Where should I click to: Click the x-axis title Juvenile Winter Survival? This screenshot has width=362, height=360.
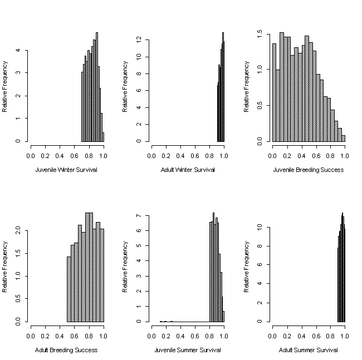[x=66, y=170]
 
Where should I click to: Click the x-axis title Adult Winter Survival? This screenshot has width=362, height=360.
[x=188, y=170]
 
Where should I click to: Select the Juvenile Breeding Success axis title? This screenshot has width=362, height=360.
[x=308, y=170]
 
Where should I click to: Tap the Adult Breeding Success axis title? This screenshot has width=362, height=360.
[x=66, y=350]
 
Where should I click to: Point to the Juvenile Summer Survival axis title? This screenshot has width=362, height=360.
[x=188, y=350]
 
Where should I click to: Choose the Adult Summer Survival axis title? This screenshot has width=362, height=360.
[x=308, y=350]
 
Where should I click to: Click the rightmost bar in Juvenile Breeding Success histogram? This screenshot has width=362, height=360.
[x=343, y=139]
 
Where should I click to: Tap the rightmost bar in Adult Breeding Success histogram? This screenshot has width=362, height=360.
[x=101, y=275]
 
